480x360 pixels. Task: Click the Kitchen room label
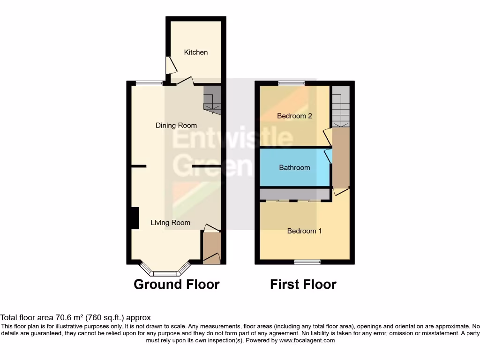195,52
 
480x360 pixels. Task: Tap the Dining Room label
176,125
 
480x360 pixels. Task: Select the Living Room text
170,223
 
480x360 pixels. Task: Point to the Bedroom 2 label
294,116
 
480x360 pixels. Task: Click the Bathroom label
294,167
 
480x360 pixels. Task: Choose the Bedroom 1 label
304,231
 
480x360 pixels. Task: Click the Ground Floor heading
177,284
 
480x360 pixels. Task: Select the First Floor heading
303,284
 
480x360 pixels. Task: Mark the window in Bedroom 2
291,83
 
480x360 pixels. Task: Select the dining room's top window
149,83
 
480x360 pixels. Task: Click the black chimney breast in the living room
135,218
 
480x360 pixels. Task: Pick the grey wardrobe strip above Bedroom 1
294,194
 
